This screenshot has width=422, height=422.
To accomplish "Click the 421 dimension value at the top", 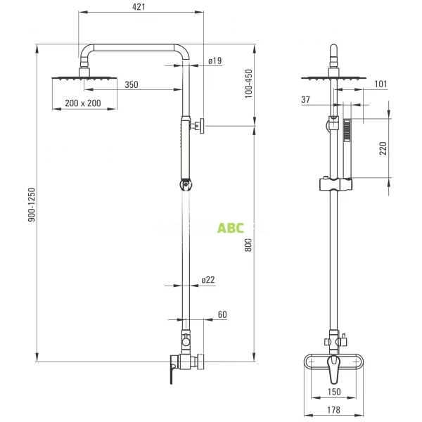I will [140, 7].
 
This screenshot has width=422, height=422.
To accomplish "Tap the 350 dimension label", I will [132, 85].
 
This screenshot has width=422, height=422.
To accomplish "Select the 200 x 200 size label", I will [82, 103].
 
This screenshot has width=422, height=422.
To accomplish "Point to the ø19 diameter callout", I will [215, 61].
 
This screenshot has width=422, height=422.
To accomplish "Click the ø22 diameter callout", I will [207, 280].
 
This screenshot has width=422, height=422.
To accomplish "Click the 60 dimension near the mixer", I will [222, 315].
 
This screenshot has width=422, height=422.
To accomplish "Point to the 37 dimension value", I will [306, 100].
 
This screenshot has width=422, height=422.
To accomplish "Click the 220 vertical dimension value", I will [383, 149].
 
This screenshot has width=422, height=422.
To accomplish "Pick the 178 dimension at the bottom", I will [334, 409].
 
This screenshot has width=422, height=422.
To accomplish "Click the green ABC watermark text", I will [231, 228].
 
